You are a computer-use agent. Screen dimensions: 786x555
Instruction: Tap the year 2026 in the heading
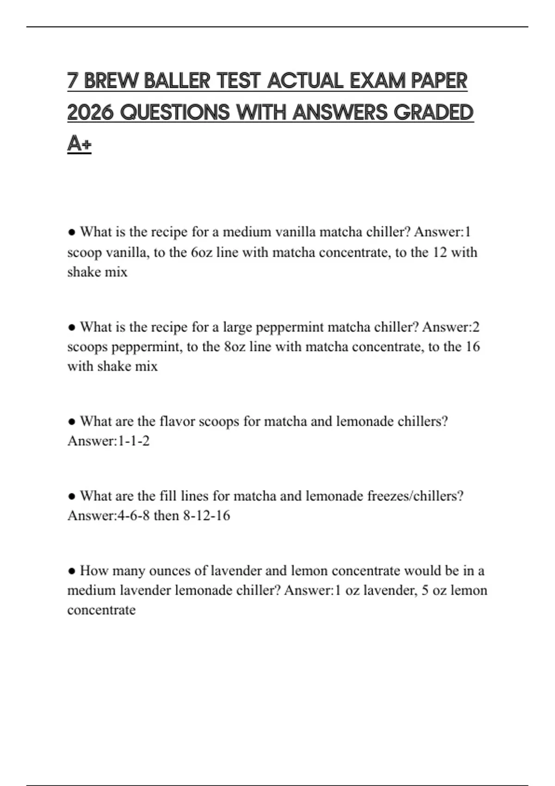point(90,112)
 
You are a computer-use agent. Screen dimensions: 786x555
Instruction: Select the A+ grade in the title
point(79,144)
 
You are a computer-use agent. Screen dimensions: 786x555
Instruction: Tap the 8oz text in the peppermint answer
point(234,347)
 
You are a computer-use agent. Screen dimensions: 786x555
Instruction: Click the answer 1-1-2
point(134,441)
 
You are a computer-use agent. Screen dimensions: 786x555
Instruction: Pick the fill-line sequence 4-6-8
point(133,516)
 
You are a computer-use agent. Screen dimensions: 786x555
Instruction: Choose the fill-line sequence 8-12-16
point(206,516)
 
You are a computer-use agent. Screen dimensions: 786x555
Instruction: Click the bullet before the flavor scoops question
point(72,422)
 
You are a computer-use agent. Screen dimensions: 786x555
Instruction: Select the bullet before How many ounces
point(72,571)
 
